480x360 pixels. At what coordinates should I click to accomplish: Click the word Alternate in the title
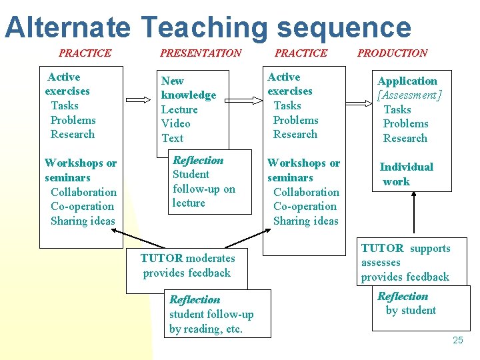[x=67, y=27]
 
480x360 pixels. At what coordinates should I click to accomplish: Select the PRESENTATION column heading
[x=201, y=53]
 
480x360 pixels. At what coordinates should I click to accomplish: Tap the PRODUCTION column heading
[x=393, y=53]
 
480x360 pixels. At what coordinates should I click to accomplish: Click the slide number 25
[x=457, y=340]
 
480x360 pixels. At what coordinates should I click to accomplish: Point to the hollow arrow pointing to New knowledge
[x=139, y=100]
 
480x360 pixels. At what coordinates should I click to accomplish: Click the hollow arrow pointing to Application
[x=357, y=101]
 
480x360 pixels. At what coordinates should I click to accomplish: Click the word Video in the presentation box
[x=176, y=123]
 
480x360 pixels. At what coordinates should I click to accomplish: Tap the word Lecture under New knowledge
[x=179, y=109]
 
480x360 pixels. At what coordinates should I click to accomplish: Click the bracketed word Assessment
[x=409, y=95]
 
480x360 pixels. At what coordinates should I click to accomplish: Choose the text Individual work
[x=406, y=174]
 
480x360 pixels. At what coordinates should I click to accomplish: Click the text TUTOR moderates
[x=187, y=258]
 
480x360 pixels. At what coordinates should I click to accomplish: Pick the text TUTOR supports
[x=405, y=248]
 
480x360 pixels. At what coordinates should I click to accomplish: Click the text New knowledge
[x=188, y=88]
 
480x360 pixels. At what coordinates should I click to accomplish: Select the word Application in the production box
[x=407, y=81]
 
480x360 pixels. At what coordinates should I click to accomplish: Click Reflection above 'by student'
[x=403, y=296]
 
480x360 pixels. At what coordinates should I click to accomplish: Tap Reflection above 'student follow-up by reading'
[x=195, y=299]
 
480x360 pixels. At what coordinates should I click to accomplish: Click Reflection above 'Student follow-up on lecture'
[x=198, y=160]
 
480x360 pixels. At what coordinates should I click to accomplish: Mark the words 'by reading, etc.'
[x=205, y=329]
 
